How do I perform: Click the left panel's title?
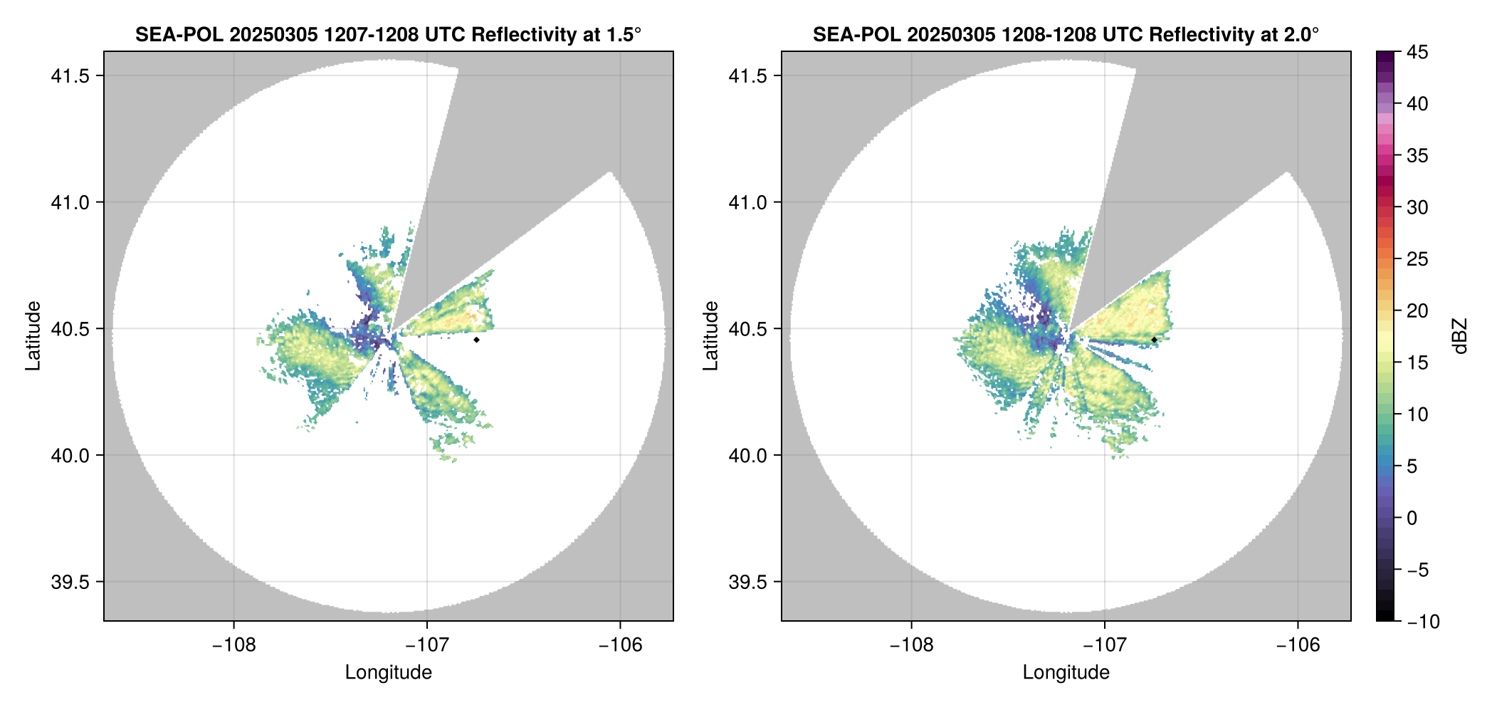click(388, 35)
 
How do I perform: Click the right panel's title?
click(1066, 35)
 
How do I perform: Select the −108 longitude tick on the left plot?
click(233, 645)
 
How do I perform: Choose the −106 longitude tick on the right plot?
click(1298, 645)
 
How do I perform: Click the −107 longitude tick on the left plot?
click(426, 645)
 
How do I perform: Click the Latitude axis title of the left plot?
click(33, 335)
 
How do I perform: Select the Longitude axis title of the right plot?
click(1066, 672)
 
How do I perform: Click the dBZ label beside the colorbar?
click(1460, 336)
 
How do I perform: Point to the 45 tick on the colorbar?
click(1417, 52)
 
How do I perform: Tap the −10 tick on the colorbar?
click(1423, 622)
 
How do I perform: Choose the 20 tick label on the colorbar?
click(1417, 311)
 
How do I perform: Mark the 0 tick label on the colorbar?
click(1412, 518)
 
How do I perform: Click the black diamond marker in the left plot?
click(476, 340)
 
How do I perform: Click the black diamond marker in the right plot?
click(1154, 340)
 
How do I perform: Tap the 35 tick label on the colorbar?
click(1417, 156)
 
